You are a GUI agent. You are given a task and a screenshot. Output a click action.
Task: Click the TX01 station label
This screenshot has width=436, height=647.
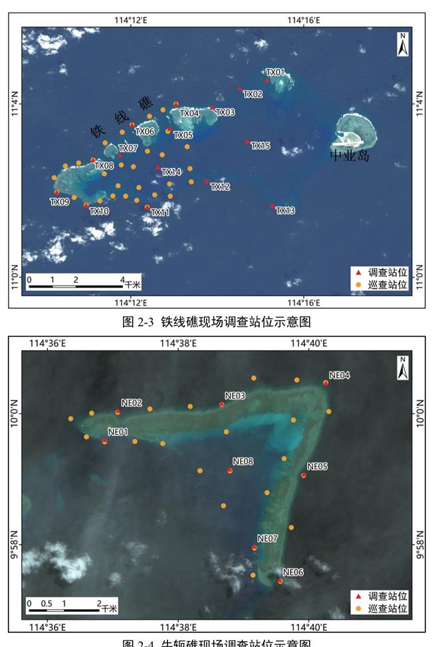275,72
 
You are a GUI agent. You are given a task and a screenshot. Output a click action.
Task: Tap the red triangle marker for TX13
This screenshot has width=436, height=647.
272,206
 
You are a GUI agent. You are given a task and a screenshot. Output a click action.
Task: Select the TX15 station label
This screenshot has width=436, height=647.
261,146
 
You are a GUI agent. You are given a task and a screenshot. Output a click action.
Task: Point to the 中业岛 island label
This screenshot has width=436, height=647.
350,157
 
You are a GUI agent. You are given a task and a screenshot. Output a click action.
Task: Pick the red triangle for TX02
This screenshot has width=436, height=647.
240,89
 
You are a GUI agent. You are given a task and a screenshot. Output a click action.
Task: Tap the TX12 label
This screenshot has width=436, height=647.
220,187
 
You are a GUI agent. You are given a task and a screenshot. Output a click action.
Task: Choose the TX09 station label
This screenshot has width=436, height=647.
59,202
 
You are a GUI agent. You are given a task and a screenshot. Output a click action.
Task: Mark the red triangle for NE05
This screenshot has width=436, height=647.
304,475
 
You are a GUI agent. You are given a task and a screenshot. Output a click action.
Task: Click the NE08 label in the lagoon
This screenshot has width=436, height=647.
243,461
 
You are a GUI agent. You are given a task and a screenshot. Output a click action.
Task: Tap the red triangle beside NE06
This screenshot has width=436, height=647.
280,580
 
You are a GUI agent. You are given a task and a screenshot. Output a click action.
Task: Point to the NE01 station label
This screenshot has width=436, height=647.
118,432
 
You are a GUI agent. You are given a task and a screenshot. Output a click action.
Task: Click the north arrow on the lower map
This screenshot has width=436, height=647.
403,368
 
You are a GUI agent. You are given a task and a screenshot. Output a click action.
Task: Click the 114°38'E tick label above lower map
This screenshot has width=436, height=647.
179,343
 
